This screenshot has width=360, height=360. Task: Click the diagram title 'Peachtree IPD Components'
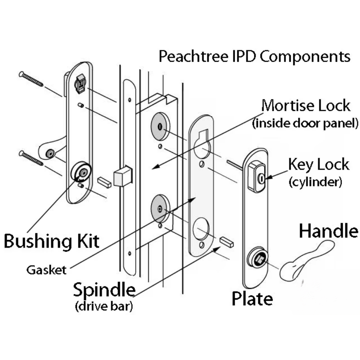tap(254, 56)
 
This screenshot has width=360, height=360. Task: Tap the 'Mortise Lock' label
tap(306, 106)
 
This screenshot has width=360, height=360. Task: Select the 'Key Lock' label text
tap(318, 164)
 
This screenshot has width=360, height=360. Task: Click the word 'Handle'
tap(328, 231)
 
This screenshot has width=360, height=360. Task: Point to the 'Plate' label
tap(252, 298)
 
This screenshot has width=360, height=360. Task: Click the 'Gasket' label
tap(46, 270)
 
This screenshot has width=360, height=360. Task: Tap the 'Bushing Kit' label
tap(51, 241)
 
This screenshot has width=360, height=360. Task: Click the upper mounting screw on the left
tap(31, 79)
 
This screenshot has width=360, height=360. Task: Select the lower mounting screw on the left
tap(31, 158)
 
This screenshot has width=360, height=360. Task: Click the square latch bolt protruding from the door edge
tap(123, 177)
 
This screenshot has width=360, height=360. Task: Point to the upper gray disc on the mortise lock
tap(160, 127)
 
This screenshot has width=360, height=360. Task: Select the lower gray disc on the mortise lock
tap(160, 209)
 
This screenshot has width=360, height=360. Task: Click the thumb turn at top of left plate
tap(80, 82)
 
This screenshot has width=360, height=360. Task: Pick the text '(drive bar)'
tap(104, 307)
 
